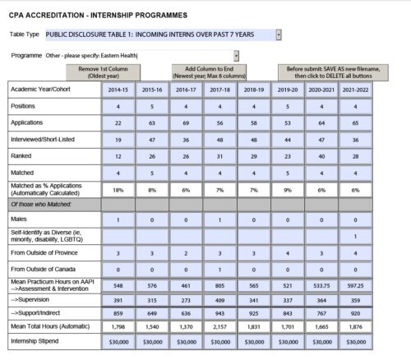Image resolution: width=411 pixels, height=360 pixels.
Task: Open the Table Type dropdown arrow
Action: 279,35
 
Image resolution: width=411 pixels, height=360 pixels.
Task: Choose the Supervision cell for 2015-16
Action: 152,302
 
